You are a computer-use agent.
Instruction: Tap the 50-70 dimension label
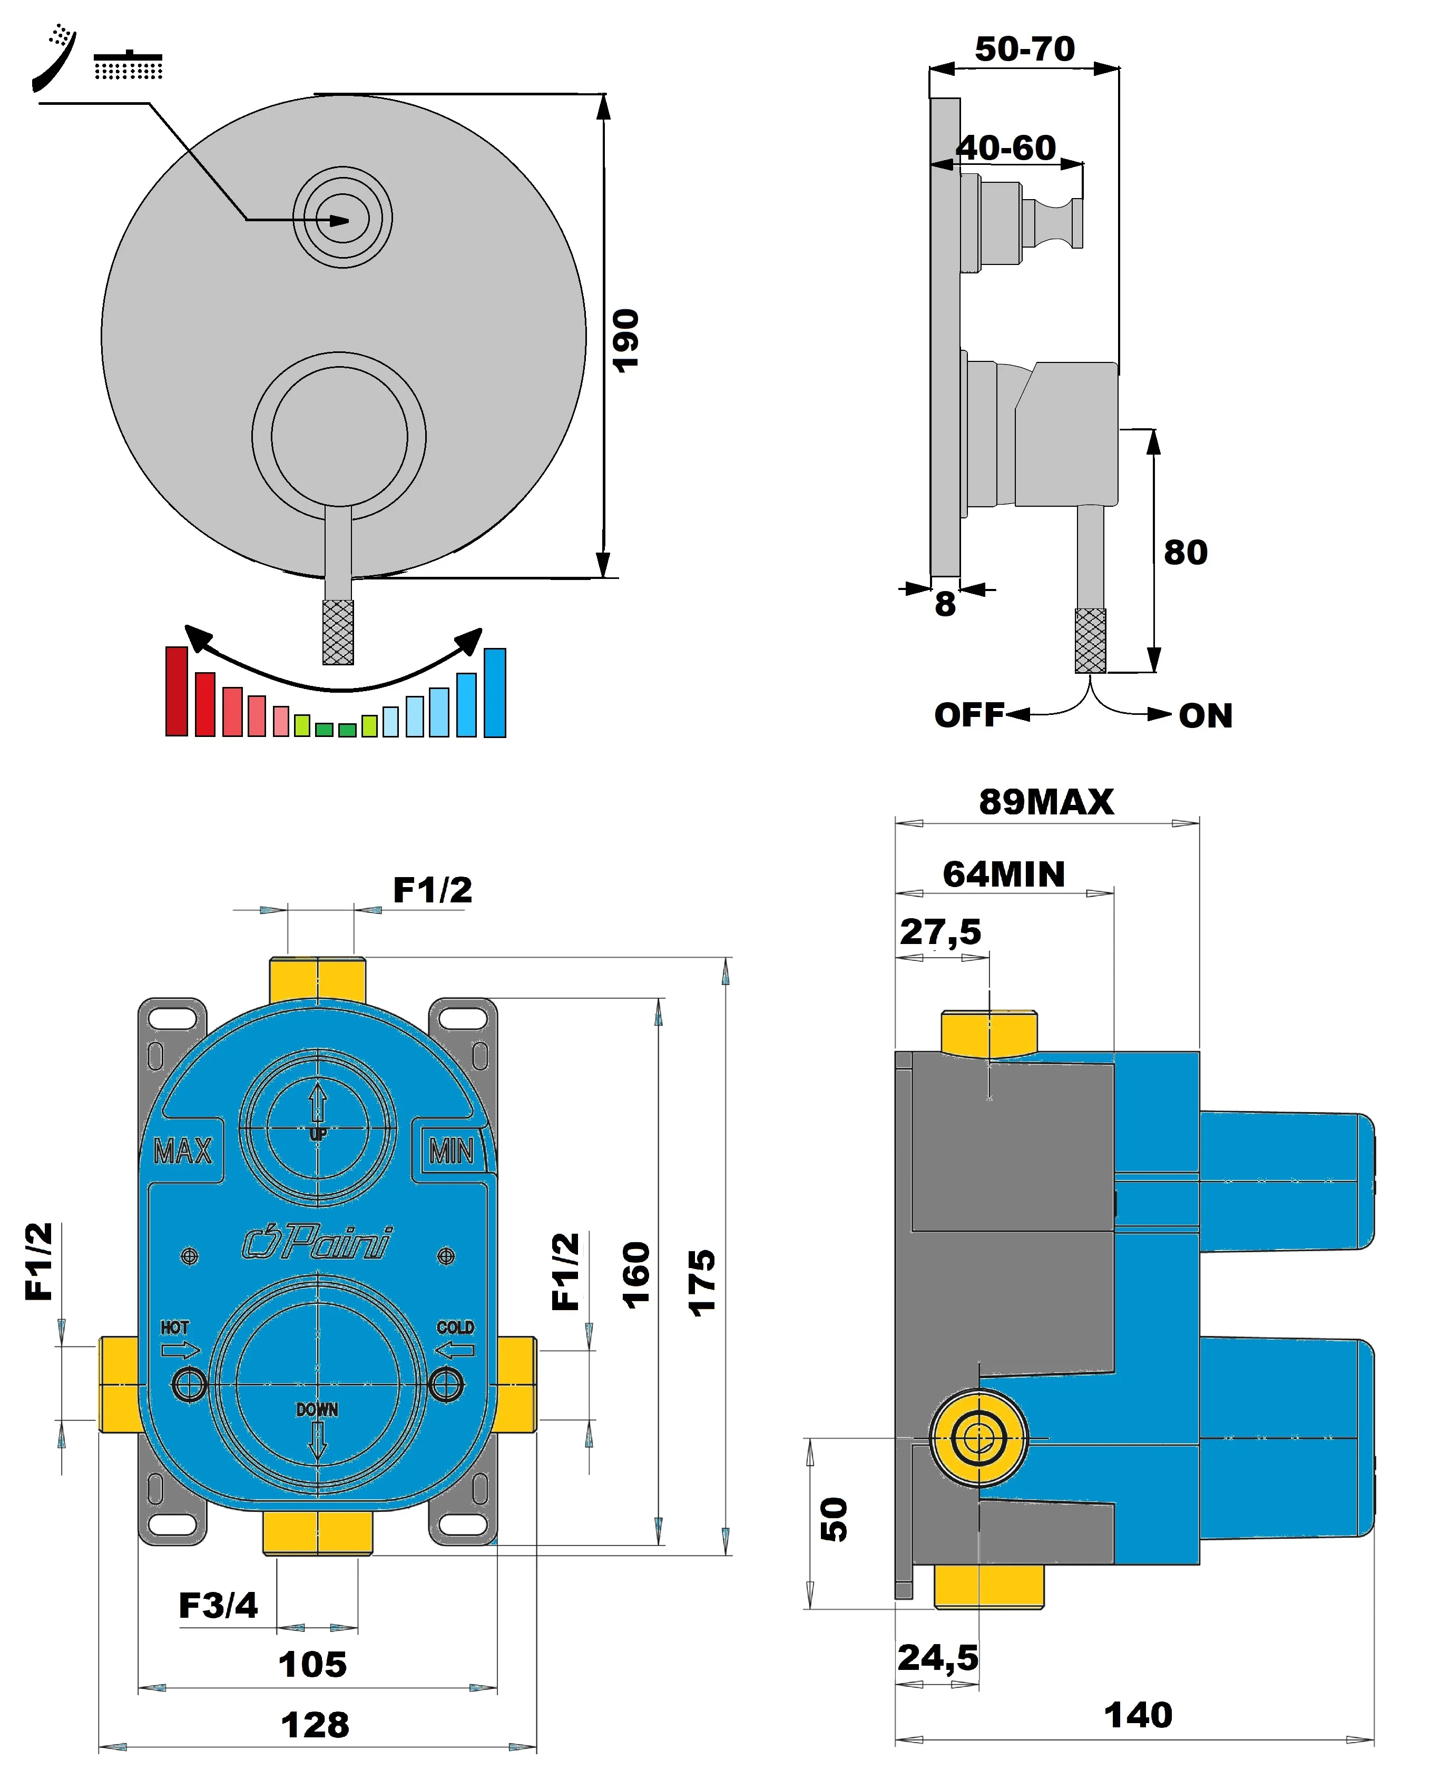click(x=1024, y=48)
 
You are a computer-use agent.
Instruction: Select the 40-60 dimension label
click(x=1006, y=148)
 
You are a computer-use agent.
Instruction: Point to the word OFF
click(x=968, y=715)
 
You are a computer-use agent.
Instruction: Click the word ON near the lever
click(x=1206, y=715)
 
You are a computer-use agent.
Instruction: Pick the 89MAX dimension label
click(x=1046, y=802)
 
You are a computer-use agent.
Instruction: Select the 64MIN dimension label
click(x=1004, y=874)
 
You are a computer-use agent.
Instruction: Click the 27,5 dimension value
click(x=939, y=932)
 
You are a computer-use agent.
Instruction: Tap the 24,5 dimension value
click(x=937, y=1657)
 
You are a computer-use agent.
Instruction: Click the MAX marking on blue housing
click(x=183, y=1152)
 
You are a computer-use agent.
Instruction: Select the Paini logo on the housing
click(x=317, y=1242)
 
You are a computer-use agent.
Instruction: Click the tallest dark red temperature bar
click(x=176, y=691)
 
